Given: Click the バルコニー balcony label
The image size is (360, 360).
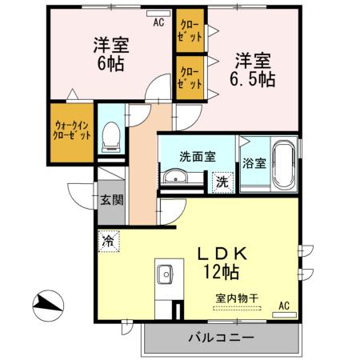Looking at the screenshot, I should click(x=221, y=337).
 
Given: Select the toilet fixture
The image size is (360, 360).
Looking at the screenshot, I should click(x=113, y=137).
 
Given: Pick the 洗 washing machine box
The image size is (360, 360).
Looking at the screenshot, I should click(x=224, y=182).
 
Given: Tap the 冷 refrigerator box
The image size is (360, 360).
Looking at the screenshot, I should click(x=108, y=239).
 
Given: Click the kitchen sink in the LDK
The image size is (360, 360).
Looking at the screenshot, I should click(x=166, y=274).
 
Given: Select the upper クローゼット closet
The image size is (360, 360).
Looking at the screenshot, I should click(x=190, y=30).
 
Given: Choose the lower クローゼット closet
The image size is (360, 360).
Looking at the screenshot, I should click(x=190, y=77).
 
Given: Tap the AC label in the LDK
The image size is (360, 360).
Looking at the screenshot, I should click(x=283, y=306).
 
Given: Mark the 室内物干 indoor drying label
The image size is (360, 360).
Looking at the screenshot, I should click(x=237, y=299).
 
